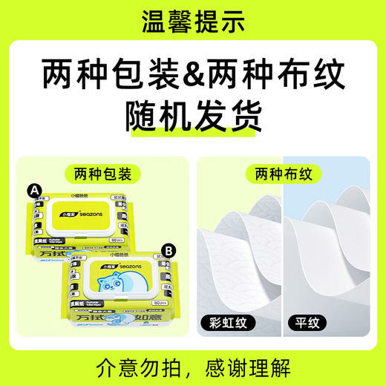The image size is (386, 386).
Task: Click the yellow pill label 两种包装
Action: (x=103, y=174)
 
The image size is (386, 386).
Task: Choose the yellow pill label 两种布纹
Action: (x=284, y=174)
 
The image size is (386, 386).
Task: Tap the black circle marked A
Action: (x=33, y=191)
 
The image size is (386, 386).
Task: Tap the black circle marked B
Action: (x=169, y=250)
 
